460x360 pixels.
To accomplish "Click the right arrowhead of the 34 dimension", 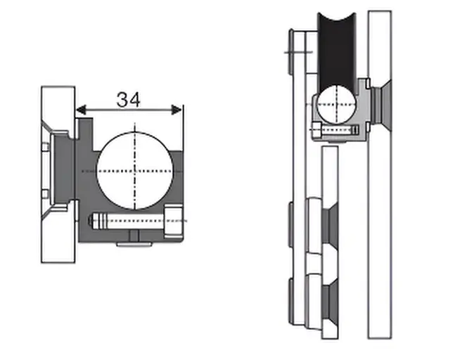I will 178,110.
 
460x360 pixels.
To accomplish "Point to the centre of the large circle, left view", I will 134,171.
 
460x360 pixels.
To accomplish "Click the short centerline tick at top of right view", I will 294,51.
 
